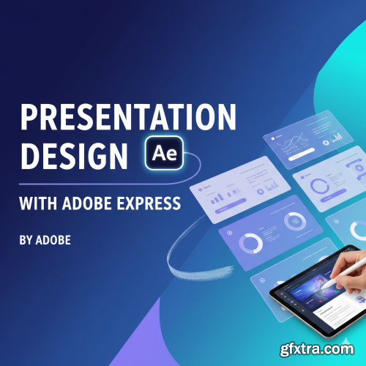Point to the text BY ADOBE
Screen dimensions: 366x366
pos(45,239)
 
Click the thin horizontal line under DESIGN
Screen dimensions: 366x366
pos(88,183)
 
